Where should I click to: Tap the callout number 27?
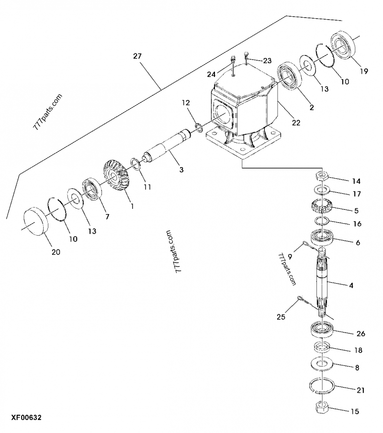137,56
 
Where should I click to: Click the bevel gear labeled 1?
114,175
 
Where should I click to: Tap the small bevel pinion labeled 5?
322,207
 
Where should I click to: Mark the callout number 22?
296,123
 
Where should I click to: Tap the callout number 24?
212,74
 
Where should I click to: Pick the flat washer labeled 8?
322,363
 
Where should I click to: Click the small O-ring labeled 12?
197,127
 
